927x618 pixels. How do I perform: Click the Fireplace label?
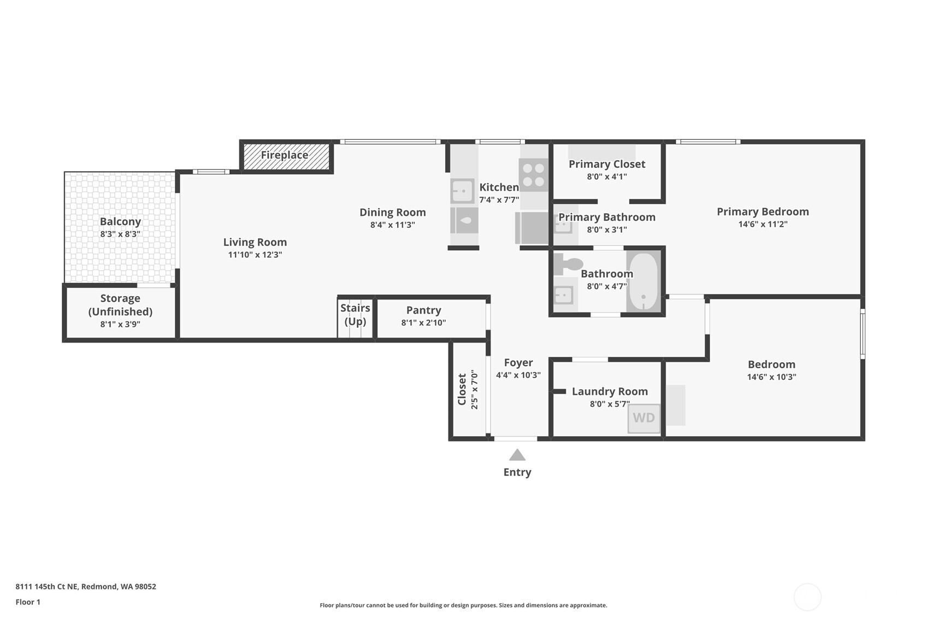(284, 155)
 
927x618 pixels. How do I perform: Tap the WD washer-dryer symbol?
(643, 418)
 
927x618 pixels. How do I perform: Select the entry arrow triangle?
(517, 455)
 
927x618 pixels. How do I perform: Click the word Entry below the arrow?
(517, 472)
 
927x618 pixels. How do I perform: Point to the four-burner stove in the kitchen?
(534, 175)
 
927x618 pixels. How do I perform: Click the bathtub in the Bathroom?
(643, 281)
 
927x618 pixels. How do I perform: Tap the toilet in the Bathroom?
(568, 264)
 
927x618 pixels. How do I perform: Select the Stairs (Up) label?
(355, 315)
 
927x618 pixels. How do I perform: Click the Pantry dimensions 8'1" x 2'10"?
(423, 323)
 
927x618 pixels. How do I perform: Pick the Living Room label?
(255, 242)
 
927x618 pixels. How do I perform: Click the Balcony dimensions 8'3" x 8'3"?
(120, 234)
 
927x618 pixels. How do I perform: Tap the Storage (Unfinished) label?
(120, 305)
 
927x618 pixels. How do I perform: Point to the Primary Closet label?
(607, 164)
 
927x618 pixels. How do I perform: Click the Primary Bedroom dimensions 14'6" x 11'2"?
(763, 225)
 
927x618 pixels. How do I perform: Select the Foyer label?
(518, 363)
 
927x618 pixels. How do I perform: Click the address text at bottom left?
(86, 586)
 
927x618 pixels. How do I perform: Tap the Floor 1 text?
(28, 602)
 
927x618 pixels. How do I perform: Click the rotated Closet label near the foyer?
(462, 389)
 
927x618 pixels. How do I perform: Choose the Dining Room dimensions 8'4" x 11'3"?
(392, 225)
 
